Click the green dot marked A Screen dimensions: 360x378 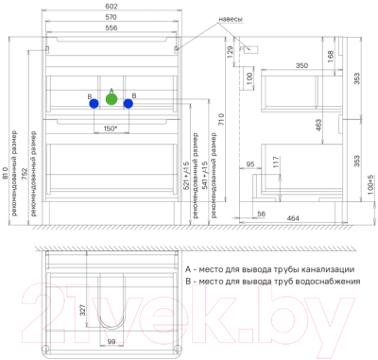(112, 98)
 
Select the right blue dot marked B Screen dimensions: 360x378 (128, 103)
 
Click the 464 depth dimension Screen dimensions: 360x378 (294, 218)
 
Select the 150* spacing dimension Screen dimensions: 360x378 (111, 127)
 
